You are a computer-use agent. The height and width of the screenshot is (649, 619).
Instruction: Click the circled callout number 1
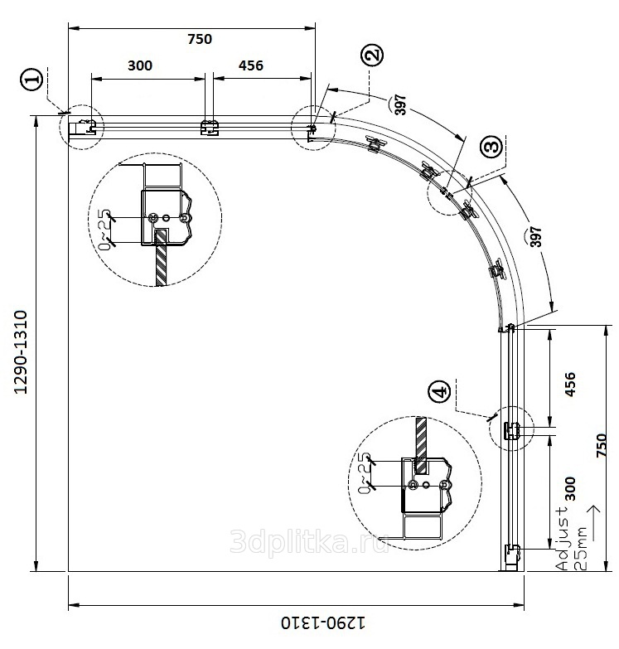31,79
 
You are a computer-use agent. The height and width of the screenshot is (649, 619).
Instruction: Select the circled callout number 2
372,55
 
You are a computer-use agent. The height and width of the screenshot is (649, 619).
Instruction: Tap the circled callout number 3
492,147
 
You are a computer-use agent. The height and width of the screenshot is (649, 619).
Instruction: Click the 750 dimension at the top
200,39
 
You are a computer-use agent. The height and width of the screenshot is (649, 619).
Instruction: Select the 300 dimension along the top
140,65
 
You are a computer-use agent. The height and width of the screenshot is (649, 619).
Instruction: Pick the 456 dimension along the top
250,65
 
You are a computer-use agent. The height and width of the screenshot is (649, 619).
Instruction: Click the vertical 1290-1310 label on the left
21,352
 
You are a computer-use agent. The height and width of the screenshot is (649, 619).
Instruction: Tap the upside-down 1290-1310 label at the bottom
323,622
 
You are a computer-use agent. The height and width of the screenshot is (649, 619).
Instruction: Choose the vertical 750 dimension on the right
602,445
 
